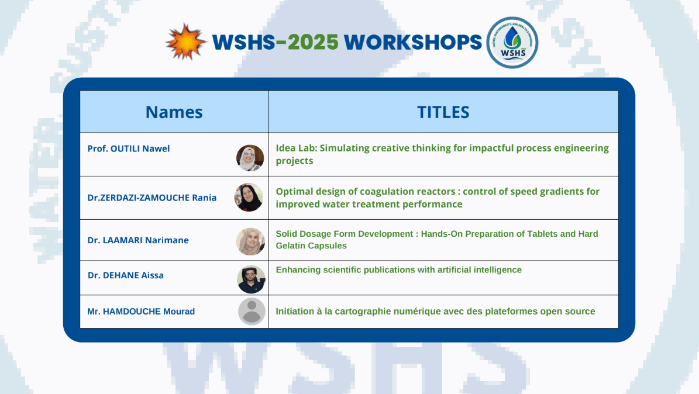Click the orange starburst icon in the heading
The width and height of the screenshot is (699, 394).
(x=186, y=42)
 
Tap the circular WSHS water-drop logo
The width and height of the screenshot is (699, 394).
(x=512, y=42)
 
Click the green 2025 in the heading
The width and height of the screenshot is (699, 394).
(x=313, y=42)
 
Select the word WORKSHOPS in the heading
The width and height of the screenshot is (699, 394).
(x=413, y=42)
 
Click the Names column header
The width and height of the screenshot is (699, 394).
(x=174, y=112)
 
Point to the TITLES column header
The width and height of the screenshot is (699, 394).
(x=443, y=112)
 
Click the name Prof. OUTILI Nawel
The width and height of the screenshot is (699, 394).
(x=128, y=148)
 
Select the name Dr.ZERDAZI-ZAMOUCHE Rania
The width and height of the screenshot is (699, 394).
(x=152, y=198)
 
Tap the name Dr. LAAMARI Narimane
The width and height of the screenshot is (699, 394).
(x=138, y=240)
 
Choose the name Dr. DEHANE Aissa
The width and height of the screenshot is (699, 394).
(x=126, y=275)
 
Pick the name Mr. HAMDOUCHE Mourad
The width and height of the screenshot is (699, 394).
(x=141, y=312)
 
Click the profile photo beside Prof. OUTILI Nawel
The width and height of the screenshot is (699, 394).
(x=250, y=158)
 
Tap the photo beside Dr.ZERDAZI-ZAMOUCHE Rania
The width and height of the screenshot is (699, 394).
(x=249, y=198)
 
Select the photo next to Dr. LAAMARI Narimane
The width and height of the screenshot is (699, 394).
(x=250, y=241)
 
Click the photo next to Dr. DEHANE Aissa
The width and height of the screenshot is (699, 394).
(x=252, y=279)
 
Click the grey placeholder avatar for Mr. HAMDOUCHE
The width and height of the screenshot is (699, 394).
(x=252, y=311)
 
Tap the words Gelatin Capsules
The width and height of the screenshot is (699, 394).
(x=311, y=246)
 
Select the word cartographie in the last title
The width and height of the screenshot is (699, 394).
(x=361, y=312)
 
